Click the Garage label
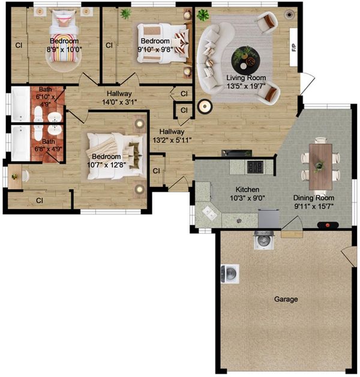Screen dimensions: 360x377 tap(286, 299)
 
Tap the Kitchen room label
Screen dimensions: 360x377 tap(247, 189)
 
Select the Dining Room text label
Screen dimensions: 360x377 tap(314, 198)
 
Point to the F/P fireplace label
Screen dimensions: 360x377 tap(294, 47)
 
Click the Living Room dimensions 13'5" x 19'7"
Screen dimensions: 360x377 tap(246, 86)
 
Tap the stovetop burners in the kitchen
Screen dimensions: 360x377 tap(256, 167)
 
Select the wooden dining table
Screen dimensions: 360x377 tap(320, 167)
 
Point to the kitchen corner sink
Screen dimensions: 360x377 tap(209, 213)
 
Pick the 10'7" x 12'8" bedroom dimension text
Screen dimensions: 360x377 tap(106, 165)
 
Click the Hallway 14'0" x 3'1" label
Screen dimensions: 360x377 tap(119, 98)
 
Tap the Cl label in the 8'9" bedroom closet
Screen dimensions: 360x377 tap(19, 45)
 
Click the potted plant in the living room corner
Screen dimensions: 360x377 tap(203, 15)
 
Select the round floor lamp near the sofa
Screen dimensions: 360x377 tap(205, 106)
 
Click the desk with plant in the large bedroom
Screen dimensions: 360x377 tap(14, 177)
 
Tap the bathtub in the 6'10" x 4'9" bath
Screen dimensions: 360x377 tap(20, 104)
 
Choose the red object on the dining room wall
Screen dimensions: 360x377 tap(328, 225)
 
